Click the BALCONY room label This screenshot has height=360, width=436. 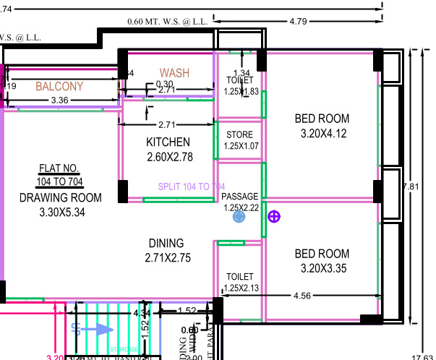pos(59,86)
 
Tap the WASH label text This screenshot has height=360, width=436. pos(174,73)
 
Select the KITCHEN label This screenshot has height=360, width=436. pos(168,142)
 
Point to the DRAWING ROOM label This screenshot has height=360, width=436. pos(60,197)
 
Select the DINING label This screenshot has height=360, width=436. pos(166,243)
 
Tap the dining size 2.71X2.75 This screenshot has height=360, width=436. pos(166,257)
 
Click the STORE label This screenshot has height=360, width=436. pos(239,135)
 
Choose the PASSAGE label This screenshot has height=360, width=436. pos(239,197)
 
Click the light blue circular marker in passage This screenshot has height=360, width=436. pos(239,216)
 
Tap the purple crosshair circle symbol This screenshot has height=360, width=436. pos(274,216)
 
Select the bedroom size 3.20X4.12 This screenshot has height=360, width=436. pos(322,133)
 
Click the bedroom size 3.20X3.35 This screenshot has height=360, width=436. pos(322,268)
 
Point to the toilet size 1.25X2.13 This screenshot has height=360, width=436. pos(241,288)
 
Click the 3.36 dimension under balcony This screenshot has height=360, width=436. pos(59,100)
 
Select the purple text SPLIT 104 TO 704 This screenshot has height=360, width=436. pos(192,187)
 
